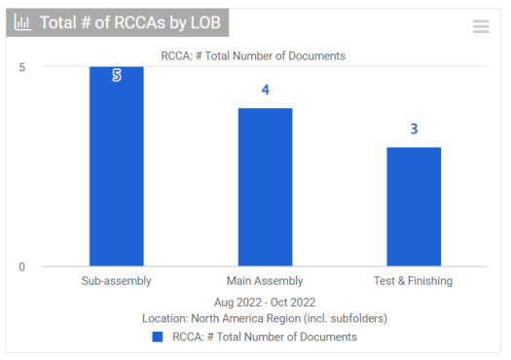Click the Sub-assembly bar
click(117, 166)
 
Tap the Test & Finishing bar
click(414, 206)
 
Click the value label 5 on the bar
click(117, 75)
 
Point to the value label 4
click(265, 90)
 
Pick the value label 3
click(414, 129)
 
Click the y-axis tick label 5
click(22, 66)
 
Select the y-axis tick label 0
click(22, 267)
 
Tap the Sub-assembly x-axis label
click(116, 282)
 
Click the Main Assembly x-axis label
click(265, 282)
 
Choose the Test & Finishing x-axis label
click(414, 282)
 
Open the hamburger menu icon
click(481, 27)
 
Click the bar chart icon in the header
click(22, 22)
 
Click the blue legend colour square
click(158, 337)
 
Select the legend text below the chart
click(265, 337)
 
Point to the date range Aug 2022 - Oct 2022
click(265, 303)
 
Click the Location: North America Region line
click(265, 318)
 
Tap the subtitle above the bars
click(253, 55)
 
